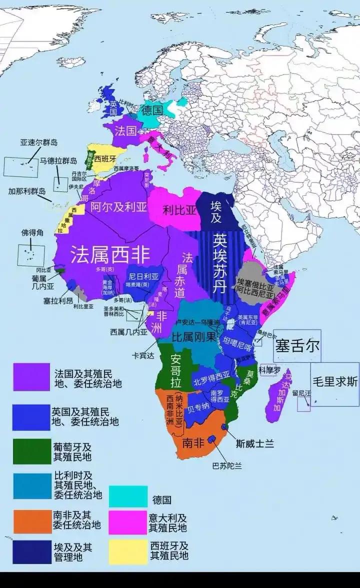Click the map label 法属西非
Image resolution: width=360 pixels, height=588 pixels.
[x=110, y=255]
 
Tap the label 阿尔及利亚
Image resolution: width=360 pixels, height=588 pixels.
[x=118, y=207]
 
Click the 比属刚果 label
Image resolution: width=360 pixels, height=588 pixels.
[x=194, y=337]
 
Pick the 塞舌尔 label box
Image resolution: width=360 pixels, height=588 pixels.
[x=296, y=346]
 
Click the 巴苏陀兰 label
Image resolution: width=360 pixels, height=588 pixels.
[x=227, y=466]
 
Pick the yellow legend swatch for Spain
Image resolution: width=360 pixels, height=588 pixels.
[x=128, y=552]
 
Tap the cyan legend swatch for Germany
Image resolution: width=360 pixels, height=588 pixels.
[x=128, y=497]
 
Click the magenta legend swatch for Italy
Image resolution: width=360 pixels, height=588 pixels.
[x=128, y=521]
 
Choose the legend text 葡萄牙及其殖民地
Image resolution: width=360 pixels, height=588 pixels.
[x=72, y=451]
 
